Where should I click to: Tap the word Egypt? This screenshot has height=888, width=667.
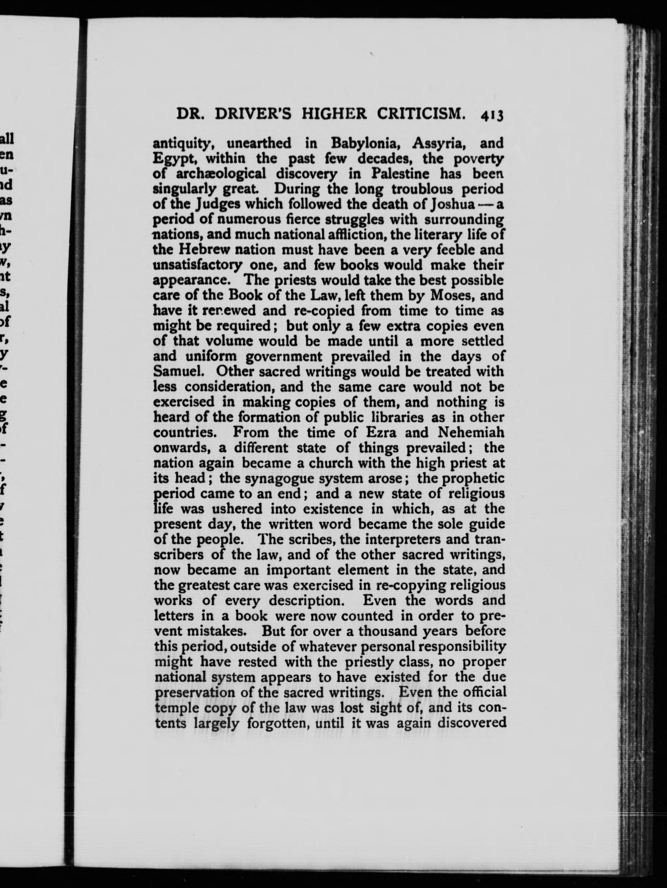[175, 159]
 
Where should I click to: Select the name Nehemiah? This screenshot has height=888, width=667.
[470, 432]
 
